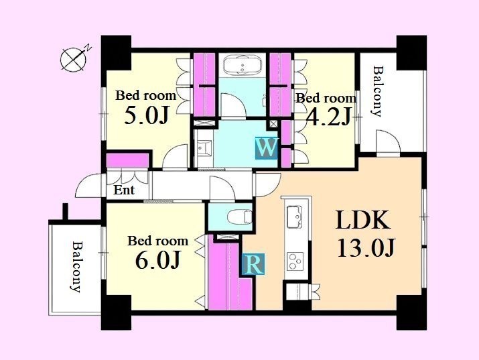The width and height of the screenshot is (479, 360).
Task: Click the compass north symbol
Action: pyautogui.click(x=75, y=59)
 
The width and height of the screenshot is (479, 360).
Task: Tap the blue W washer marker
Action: pyautogui.click(x=267, y=149)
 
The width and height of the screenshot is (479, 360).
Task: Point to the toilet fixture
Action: pyautogui.click(x=240, y=217)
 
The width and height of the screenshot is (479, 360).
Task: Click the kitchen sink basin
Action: pyautogui.click(x=295, y=217)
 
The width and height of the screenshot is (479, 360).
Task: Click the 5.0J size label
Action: pyautogui.click(x=147, y=116)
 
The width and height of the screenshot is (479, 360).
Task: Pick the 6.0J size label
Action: pyautogui.click(x=157, y=260)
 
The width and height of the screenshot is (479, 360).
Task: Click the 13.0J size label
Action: pyautogui.click(x=366, y=247)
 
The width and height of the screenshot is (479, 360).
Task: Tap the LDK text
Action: pyautogui.click(x=363, y=220)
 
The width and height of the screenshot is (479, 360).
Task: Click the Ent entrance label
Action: pyautogui.click(x=124, y=190)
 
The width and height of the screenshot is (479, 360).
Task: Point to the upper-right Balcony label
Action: pyautogui.click(x=378, y=91)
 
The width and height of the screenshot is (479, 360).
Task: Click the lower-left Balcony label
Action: pyautogui.click(x=76, y=267)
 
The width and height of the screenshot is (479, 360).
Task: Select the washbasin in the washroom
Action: pyautogui.click(x=204, y=149)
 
